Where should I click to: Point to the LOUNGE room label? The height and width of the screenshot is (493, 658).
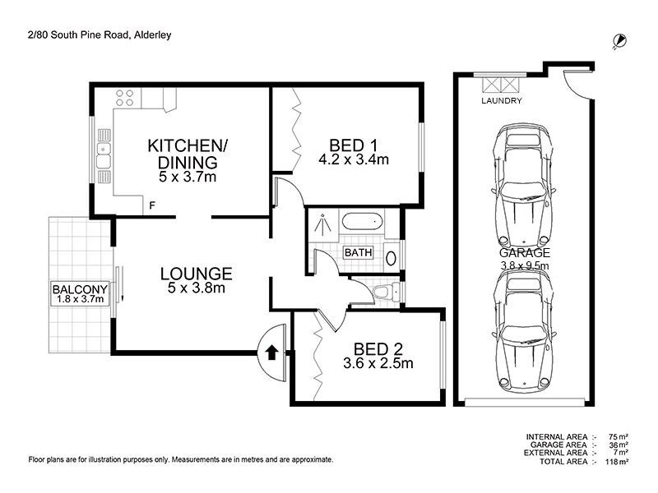[x=196, y=274]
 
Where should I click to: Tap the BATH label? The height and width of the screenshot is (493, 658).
[x=358, y=252]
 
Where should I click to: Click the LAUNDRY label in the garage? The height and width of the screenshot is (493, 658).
[x=502, y=101]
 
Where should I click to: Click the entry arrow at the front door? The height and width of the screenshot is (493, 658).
[x=271, y=354]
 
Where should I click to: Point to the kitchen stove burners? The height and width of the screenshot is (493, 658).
[x=125, y=98]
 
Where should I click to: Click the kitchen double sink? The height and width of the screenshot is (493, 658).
[x=104, y=150]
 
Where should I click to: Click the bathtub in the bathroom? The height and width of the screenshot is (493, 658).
[x=360, y=222]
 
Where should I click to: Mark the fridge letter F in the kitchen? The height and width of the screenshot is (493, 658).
[x=151, y=205]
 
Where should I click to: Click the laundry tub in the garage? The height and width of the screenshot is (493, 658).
[x=501, y=85]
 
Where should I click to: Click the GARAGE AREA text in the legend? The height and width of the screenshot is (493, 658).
[x=557, y=445]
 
